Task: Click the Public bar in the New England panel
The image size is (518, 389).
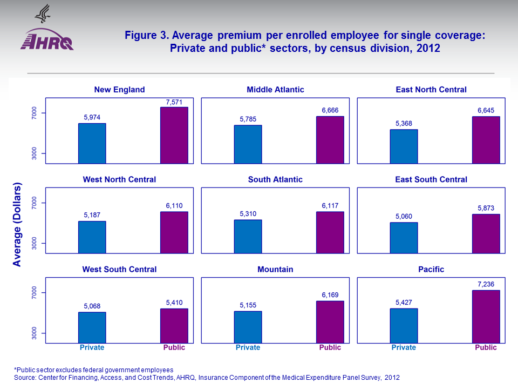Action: pos(174,135)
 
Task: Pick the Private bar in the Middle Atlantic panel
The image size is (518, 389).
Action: pos(248,144)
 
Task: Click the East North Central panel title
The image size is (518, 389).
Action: pos(431,90)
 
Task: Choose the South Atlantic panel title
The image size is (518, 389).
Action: pos(275,179)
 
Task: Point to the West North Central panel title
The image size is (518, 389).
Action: pos(119,179)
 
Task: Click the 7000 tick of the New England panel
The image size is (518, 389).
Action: pos(34,113)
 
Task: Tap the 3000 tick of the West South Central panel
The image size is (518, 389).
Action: pos(34,333)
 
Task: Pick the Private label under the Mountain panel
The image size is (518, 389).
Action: pos(248,347)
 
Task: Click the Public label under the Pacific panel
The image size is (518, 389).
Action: pos(486,347)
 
